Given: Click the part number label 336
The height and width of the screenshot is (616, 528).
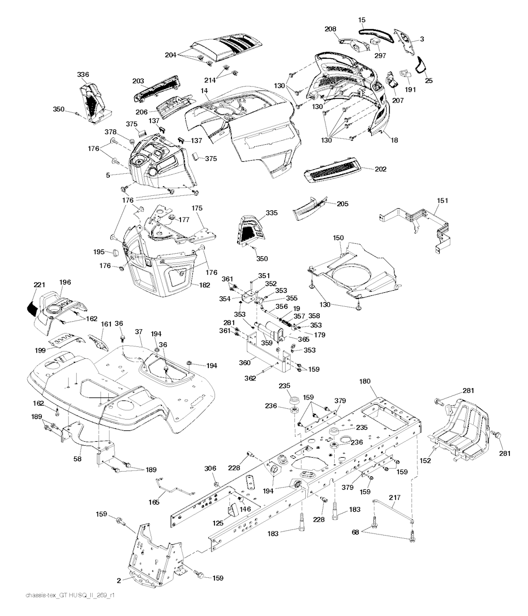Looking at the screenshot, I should [x=83, y=75].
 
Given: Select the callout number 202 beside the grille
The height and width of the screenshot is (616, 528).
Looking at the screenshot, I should [x=381, y=169].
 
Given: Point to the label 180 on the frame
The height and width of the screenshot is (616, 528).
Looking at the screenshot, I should [x=365, y=381].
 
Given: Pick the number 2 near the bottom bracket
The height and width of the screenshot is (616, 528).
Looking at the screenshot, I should [x=118, y=580].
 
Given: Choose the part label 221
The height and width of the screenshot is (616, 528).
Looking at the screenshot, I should [x=40, y=285].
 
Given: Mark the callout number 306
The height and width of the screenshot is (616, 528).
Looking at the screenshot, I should [x=209, y=468].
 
